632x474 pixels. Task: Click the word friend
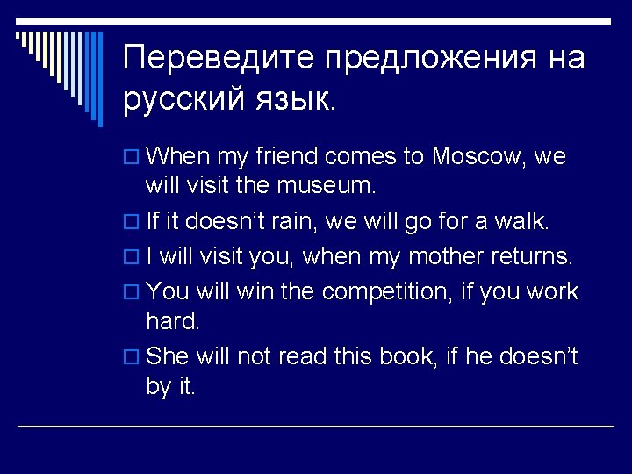click(x=286, y=157)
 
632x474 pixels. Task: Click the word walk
click(x=523, y=223)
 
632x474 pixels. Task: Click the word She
click(x=168, y=355)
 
